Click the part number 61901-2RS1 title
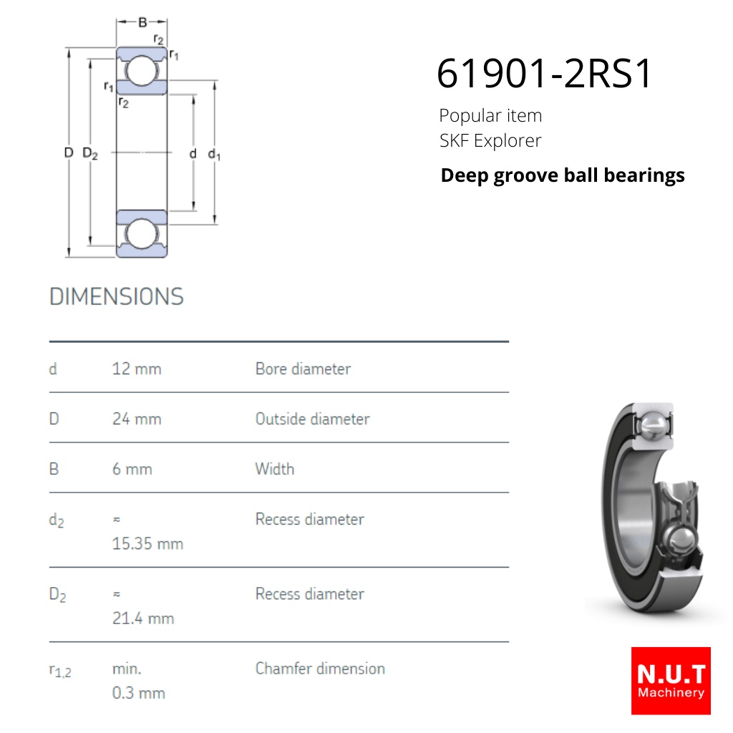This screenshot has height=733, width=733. (x=544, y=74)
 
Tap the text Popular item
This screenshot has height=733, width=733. (x=490, y=116)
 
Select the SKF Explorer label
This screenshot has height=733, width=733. (x=490, y=141)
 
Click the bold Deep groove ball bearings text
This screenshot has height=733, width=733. (x=563, y=176)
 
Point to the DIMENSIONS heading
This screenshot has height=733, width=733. (x=117, y=296)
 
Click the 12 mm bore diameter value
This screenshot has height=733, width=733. (x=137, y=369)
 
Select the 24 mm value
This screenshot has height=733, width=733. (x=137, y=419)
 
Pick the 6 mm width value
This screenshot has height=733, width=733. (x=132, y=469)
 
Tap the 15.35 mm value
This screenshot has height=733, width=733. (x=147, y=544)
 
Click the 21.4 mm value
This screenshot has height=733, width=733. (x=143, y=618)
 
